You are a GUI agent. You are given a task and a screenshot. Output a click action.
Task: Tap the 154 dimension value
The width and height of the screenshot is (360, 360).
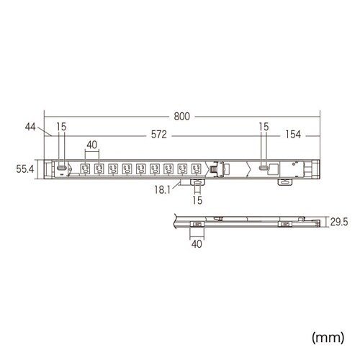tap(292, 135)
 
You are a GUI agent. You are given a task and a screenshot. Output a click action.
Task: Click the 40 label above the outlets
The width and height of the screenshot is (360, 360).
tap(92, 145)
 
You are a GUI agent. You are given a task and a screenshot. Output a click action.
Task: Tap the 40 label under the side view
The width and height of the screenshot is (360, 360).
tap(197, 244)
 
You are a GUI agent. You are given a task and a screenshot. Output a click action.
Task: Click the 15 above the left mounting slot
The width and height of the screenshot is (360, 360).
tap(62, 127)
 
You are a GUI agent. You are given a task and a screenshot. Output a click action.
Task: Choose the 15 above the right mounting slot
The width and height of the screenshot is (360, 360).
tap(264, 127)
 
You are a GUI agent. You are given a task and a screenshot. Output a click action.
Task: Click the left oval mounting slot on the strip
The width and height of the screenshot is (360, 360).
tap(63, 168)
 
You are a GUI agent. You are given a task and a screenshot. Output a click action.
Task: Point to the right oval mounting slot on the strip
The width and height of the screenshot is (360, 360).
tap(265, 168)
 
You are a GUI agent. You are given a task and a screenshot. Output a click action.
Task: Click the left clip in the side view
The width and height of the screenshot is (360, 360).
tap(197, 226)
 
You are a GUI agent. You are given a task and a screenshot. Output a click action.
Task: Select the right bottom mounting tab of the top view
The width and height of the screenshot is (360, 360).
tap(284, 183)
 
